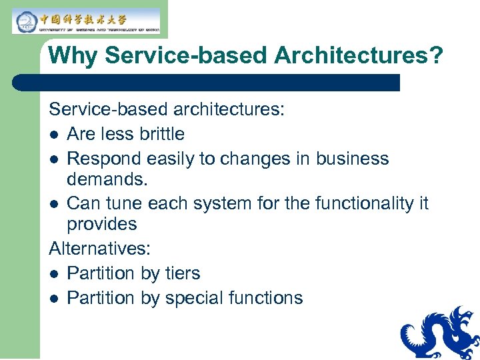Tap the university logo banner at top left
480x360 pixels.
click(87, 21)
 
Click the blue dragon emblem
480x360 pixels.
click(440, 333)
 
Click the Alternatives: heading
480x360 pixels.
click(100, 249)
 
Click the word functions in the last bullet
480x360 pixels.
click(266, 298)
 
